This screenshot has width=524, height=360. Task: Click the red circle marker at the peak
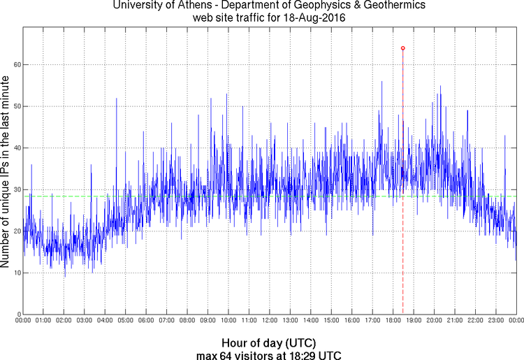coord(403,48)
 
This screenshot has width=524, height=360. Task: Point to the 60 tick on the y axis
coord(16,64)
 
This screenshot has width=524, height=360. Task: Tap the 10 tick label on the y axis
coord(16,272)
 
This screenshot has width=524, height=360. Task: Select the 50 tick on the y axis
coord(16,106)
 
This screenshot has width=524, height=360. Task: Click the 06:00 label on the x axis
coord(146,321)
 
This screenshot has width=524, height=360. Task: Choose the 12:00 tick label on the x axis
coord(270,321)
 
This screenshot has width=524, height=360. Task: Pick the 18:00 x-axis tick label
coord(393,321)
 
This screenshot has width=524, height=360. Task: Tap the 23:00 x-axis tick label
coord(495,321)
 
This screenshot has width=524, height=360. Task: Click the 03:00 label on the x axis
coord(85,321)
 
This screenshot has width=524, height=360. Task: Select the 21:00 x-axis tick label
coord(454,321)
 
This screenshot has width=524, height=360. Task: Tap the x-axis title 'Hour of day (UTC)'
coord(269,343)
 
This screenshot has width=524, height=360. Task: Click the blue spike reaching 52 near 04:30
coord(116,99)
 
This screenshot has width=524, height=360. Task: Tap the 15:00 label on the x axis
coord(331,321)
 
